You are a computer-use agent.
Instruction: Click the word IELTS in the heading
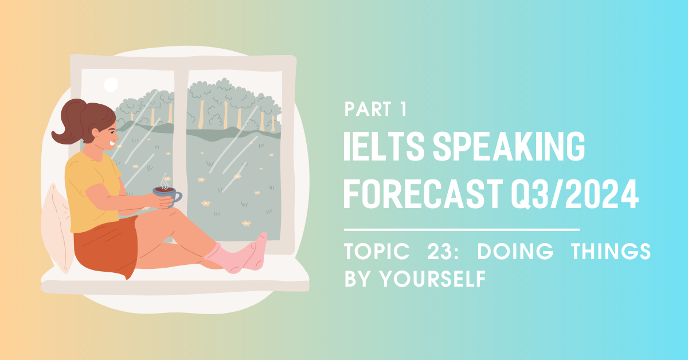tap(384, 146)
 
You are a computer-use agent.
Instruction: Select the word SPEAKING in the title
tap(509, 146)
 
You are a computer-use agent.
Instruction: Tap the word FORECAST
tap(423, 194)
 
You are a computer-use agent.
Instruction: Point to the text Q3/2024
tap(574, 194)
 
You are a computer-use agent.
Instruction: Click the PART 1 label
tap(376, 109)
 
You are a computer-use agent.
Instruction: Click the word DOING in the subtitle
tap(515, 251)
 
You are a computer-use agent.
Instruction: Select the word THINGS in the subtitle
tap(611, 251)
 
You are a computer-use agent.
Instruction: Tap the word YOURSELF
tap(432, 279)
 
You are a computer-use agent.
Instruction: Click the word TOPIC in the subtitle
tap(377, 251)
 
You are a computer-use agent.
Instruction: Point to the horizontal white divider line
tap(462, 229)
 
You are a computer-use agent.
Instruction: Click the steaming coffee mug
tap(167, 195)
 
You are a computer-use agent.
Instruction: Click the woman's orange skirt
tap(106, 246)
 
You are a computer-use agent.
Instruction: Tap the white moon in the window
tap(111, 85)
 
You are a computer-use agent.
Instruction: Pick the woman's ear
tap(95, 132)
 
